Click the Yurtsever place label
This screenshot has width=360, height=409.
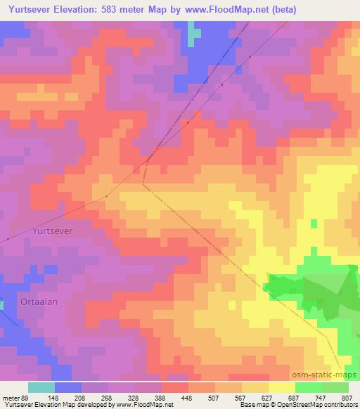pos(53,229)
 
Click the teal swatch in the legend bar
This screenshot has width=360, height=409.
pos(41,387)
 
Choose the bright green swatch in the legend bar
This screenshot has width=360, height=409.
pos(309,387)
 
